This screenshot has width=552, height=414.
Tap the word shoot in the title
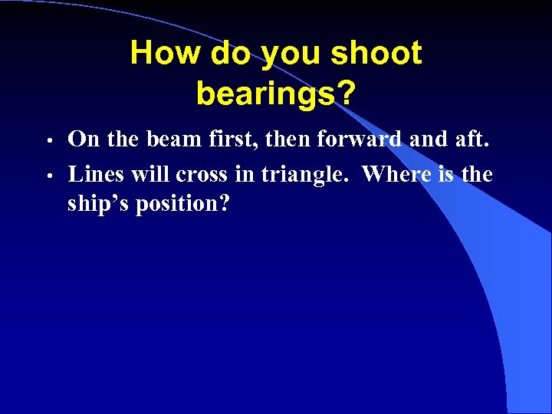(376, 54)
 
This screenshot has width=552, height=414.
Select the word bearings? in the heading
(276, 94)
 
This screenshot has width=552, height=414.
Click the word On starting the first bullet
(82, 140)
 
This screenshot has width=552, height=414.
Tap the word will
(150, 174)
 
